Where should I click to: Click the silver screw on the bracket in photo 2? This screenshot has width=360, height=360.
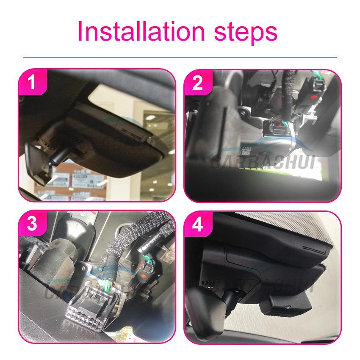click(x=243, y=111)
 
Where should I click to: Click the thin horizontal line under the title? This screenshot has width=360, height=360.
click(x=180, y=57)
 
